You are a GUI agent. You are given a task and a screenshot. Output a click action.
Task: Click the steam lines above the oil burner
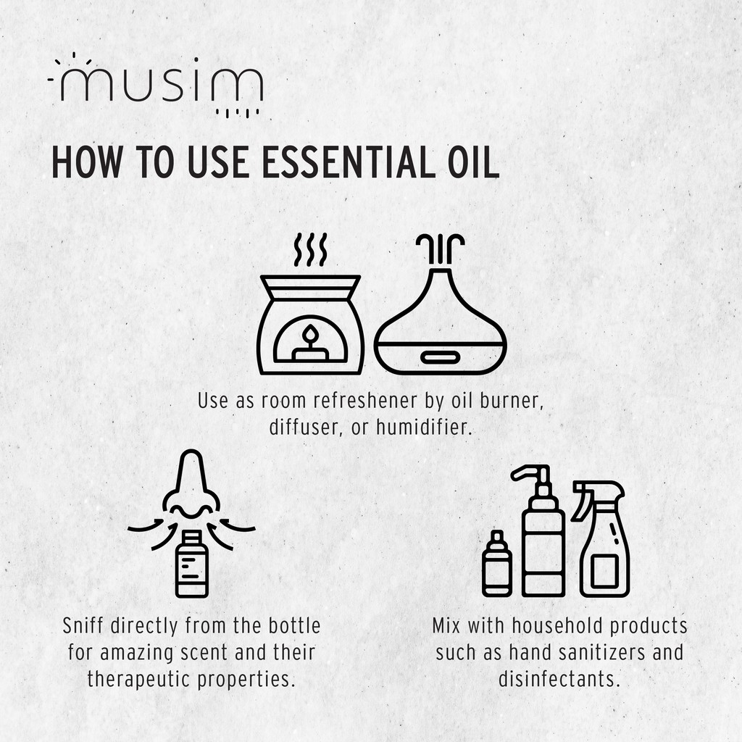click(310, 249)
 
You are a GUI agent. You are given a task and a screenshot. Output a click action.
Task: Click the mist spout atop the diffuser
click(440, 249)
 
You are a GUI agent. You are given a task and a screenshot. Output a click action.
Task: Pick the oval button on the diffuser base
click(440, 357)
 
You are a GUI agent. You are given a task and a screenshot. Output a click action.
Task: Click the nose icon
click(191, 483)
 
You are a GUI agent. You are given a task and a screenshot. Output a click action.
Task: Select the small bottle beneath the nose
click(191, 564)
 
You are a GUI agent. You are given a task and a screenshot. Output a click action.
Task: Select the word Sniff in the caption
click(83, 625)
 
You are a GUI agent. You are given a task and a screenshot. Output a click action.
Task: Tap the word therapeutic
click(139, 680)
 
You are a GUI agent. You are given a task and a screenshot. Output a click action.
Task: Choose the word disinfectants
click(559, 679)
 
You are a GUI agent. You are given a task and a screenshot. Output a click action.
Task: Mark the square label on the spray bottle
click(604, 571)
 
